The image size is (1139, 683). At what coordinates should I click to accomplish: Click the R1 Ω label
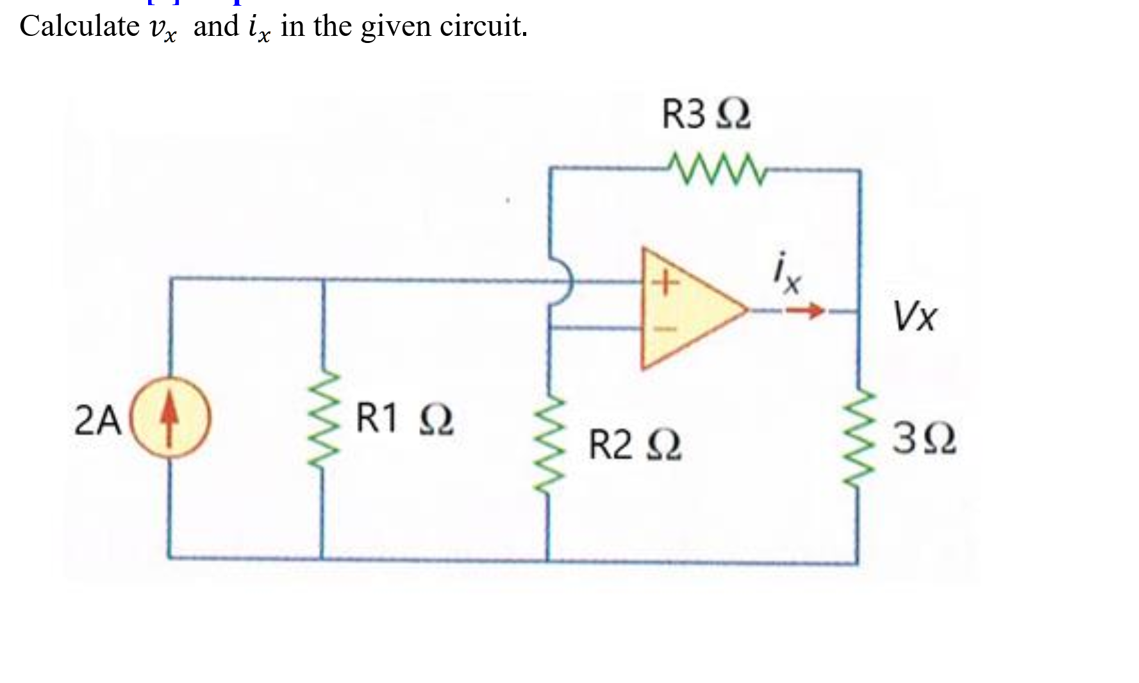tap(404, 418)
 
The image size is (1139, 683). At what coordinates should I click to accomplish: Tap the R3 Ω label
tap(706, 114)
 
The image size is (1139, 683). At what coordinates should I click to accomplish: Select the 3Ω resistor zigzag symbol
tap(860, 438)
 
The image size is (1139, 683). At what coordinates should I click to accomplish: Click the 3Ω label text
tap(923, 439)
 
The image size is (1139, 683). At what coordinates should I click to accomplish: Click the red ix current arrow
tap(805, 311)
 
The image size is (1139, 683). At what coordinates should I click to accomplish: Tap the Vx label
tap(915, 316)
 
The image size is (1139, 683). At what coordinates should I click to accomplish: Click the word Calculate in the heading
tap(79, 26)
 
